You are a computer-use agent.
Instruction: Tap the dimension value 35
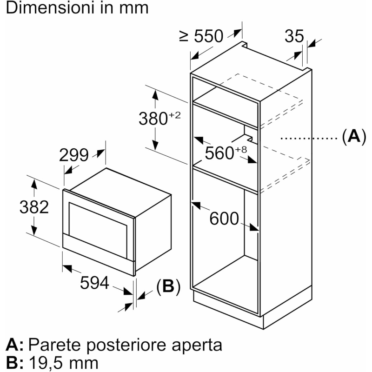(294, 36)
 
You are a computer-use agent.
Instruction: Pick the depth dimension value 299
(74, 155)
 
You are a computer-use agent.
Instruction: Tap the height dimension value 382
(34, 207)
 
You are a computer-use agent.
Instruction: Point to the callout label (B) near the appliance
(168, 286)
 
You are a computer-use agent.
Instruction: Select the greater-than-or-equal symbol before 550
(184, 36)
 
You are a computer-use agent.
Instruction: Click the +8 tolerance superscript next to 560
(241, 149)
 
